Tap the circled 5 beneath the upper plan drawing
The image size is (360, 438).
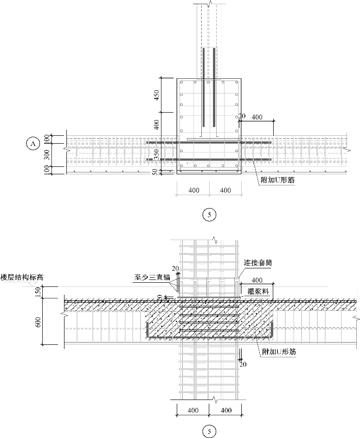pyautogui.click(x=210, y=214)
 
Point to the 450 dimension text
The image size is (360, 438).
pyautogui.click(x=157, y=95)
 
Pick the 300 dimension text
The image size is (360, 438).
pyautogui.click(x=46, y=155)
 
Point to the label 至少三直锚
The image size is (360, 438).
pyautogui.click(x=151, y=278)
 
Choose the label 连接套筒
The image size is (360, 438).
pyautogui.click(x=258, y=263)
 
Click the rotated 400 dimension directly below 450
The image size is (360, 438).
pyautogui.click(x=157, y=124)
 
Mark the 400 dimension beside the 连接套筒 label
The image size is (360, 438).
pyautogui.click(x=257, y=280)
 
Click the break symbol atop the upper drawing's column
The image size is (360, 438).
pyautogui.click(x=209, y=4)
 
